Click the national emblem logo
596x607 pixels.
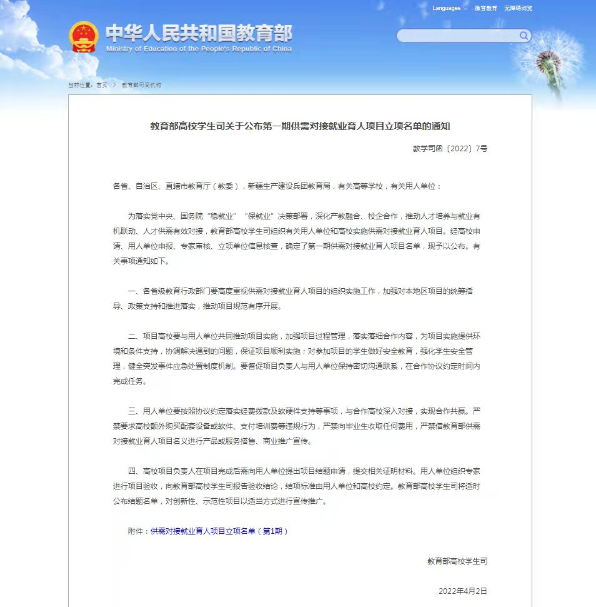(x=83, y=38)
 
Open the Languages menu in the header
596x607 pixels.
(x=447, y=9)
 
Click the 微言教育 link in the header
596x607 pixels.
(x=485, y=9)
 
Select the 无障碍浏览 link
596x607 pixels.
(x=518, y=9)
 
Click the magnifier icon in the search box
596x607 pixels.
(x=524, y=36)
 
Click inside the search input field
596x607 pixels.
(x=456, y=36)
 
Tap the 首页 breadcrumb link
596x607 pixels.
(x=101, y=85)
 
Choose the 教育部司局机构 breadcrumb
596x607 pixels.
(x=141, y=85)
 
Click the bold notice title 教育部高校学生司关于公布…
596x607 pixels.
(x=300, y=126)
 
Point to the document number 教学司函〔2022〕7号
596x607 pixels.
(x=450, y=149)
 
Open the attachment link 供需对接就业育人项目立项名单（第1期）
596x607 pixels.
(x=219, y=531)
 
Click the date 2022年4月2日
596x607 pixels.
(x=462, y=591)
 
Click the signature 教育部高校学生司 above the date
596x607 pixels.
(x=457, y=561)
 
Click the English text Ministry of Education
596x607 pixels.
(x=199, y=49)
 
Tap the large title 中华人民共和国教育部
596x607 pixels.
(x=199, y=33)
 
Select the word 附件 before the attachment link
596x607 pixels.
(x=136, y=531)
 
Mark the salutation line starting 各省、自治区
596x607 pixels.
(x=277, y=186)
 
